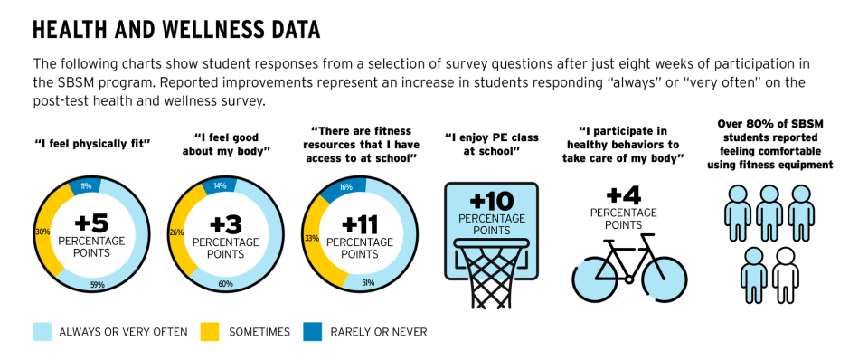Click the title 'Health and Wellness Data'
click(176, 30)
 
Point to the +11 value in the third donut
click(361, 223)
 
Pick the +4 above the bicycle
click(617, 194)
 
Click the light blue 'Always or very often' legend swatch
click(42, 332)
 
